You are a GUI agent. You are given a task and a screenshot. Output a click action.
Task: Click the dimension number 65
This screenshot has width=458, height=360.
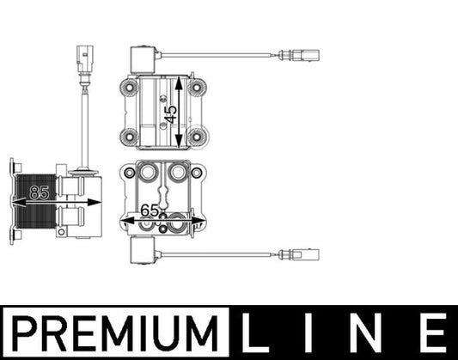(150, 210)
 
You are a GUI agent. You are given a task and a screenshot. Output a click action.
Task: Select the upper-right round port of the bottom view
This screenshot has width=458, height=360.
(178, 172)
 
